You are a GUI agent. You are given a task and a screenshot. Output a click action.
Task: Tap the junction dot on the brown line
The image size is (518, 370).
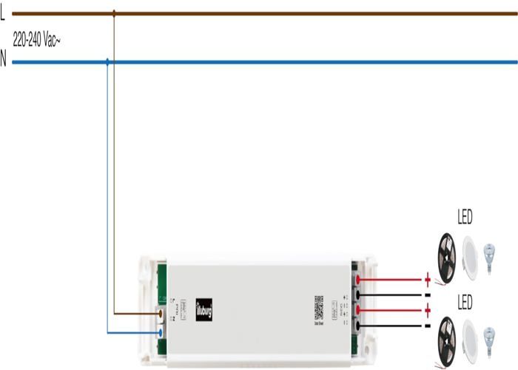coord(114,13)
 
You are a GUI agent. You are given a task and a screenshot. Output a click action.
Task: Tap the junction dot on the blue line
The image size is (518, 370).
coord(108,62)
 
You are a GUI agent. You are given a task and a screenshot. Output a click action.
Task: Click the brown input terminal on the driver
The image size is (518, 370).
coord(161,313)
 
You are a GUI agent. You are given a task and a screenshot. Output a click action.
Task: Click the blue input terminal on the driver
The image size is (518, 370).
coord(161,332)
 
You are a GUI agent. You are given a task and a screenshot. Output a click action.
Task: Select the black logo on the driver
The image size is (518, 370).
coord(204,308)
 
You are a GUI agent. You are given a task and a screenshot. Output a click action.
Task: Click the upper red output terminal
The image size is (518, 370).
coord(359,280)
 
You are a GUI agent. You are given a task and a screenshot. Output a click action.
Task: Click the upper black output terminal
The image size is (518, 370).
coord(359,295)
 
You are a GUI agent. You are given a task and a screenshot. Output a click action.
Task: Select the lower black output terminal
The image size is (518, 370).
coord(359,326)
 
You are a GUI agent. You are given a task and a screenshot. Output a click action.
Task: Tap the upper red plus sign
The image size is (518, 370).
coord(427,280)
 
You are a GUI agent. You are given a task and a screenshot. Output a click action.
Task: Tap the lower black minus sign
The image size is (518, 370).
coord(427,326)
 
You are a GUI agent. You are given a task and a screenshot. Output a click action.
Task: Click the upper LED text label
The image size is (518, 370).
coord(465,218)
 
